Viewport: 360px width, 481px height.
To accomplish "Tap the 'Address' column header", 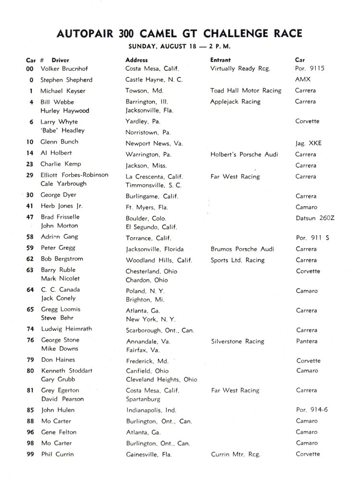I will (x=137, y=60).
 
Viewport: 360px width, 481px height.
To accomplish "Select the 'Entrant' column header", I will (x=221, y=60).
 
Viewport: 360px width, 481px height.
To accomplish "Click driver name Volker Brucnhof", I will (x=65, y=68).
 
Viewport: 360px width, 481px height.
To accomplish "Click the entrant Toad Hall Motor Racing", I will (x=246, y=90).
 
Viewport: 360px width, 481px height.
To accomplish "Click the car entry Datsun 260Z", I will (x=315, y=217).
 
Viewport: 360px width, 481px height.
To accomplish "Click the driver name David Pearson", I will (x=62, y=399).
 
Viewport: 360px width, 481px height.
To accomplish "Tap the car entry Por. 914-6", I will (x=313, y=410).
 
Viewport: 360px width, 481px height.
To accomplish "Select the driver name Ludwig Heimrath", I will (x=66, y=329).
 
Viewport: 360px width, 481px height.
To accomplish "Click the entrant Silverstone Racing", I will (x=237, y=342).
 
